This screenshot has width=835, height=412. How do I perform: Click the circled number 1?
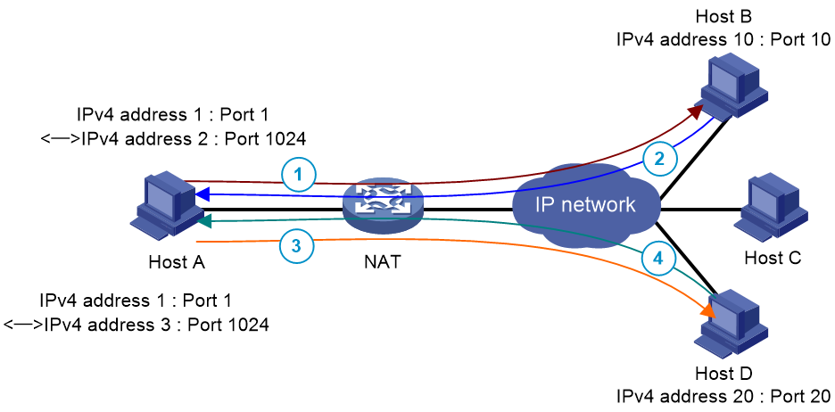299,175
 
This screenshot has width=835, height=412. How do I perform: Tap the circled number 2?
659,158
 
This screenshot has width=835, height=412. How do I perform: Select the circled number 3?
297,246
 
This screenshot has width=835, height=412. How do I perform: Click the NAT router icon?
384,203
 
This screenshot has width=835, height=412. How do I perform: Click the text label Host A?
177,262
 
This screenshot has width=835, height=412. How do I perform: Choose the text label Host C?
773,258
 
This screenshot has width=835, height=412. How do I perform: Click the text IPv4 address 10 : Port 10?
723,39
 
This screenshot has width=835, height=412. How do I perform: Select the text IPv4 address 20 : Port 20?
723,396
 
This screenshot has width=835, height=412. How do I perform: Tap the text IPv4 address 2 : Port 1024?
194,139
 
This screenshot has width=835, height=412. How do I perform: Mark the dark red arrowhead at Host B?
695,111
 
